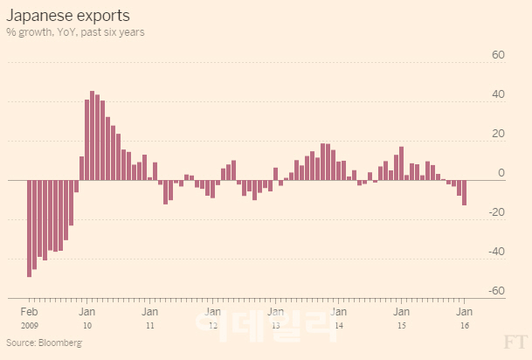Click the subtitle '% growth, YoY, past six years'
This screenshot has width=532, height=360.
75,32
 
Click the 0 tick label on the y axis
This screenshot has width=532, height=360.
501,173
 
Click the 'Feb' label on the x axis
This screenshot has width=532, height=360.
29,312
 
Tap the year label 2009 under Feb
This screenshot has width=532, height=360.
29,325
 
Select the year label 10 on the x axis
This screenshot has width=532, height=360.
87,325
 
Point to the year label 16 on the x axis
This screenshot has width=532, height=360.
465,325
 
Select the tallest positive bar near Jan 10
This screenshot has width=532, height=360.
93,135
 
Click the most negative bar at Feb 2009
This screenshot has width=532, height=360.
29,228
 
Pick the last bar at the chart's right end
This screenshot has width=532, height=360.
465,192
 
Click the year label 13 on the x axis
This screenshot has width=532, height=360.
275,325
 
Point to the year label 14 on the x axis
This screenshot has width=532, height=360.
339,325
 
